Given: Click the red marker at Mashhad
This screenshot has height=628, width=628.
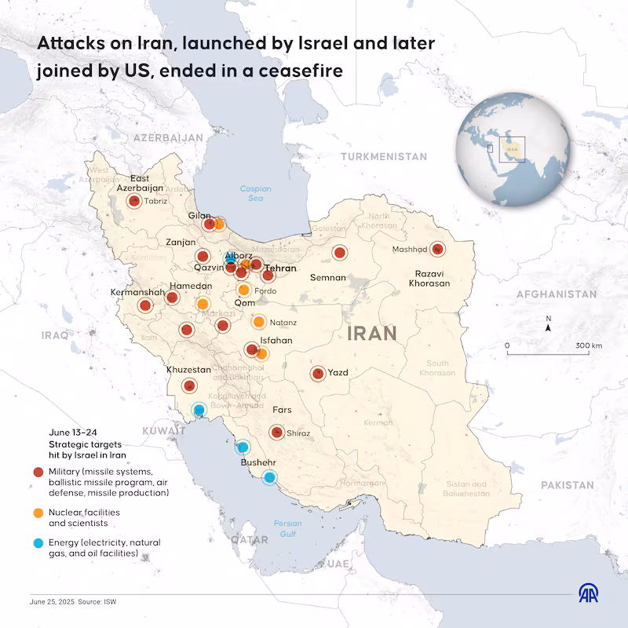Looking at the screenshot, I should tap(437, 250).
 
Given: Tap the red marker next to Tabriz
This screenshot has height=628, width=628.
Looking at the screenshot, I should tap(134, 201).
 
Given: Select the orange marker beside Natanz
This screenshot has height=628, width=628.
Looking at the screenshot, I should tap(258, 321).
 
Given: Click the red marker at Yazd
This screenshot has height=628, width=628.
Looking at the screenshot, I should tap(317, 374).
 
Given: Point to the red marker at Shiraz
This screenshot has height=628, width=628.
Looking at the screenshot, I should tap(276, 432).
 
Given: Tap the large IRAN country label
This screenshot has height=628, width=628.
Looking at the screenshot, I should tap(371, 333).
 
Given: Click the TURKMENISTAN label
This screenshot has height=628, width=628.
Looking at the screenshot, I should tap(384, 157).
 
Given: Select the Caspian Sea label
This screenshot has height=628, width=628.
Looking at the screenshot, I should tap(255, 193).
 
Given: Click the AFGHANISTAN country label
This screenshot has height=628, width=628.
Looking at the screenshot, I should tap(557, 294).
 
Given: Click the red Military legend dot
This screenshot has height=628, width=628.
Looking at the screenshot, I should tap(38, 472).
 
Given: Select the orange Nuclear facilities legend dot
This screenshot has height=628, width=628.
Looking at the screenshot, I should tap(38, 513).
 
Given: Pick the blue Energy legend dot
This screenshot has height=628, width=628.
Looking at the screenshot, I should tap(38, 543).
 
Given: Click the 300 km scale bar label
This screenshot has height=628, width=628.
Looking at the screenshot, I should tap(588, 345).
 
